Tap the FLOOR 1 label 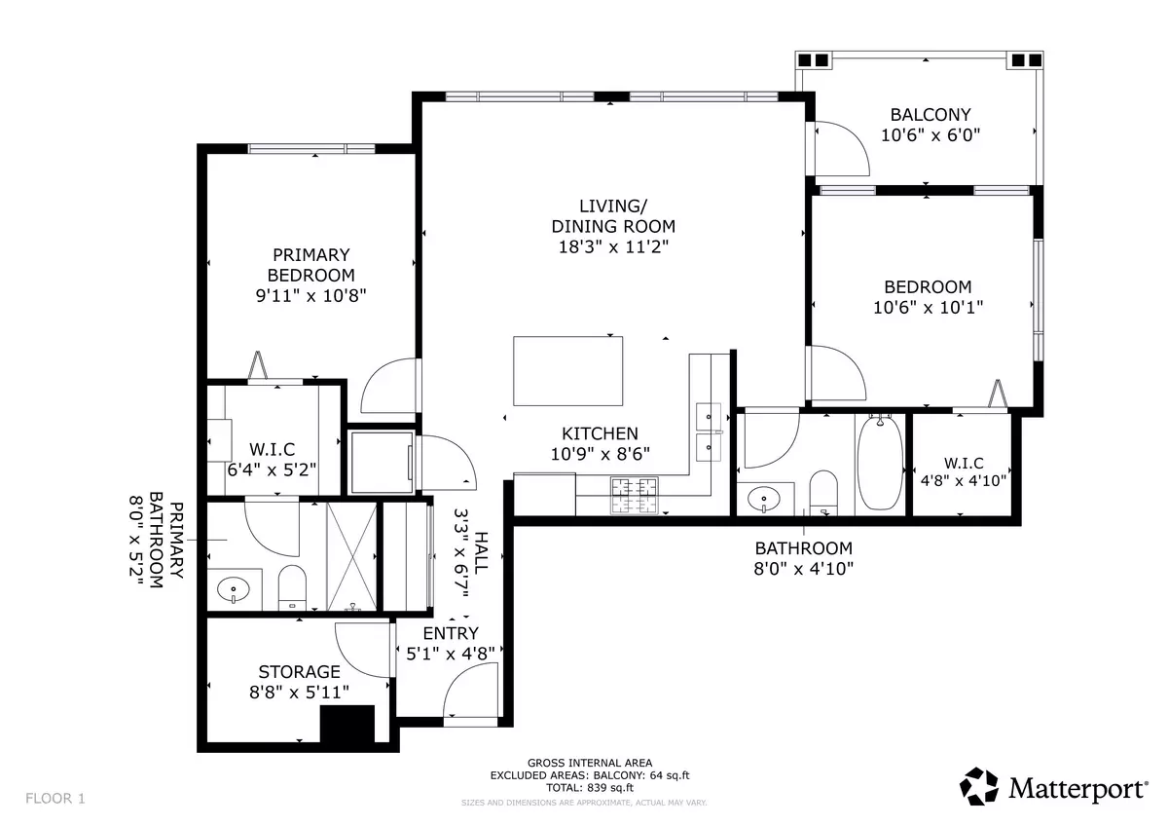[55, 799]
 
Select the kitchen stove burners [634, 495]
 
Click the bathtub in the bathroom [879, 463]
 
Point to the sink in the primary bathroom [234, 588]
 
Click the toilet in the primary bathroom [292, 588]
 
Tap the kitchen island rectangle [569, 370]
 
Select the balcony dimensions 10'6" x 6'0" [930, 135]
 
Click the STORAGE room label [299, 672]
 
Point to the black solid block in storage [347, 726]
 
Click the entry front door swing [471, 693]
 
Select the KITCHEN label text [600, 433]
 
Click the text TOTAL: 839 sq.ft [589, 787]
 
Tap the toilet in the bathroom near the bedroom [824, 492]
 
